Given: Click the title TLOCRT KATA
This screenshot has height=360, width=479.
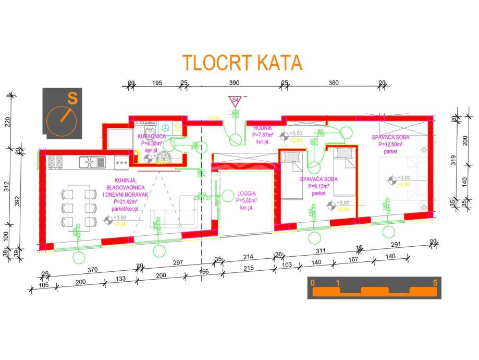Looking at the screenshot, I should point(242,62).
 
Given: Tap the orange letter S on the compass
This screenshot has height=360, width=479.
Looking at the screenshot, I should point(72,98).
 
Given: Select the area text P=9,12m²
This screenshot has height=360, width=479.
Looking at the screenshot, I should point(318,186).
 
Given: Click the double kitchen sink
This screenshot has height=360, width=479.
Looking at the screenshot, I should point(93,162).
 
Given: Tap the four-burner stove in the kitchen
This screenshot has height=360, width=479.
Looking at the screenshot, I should point(56,162).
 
